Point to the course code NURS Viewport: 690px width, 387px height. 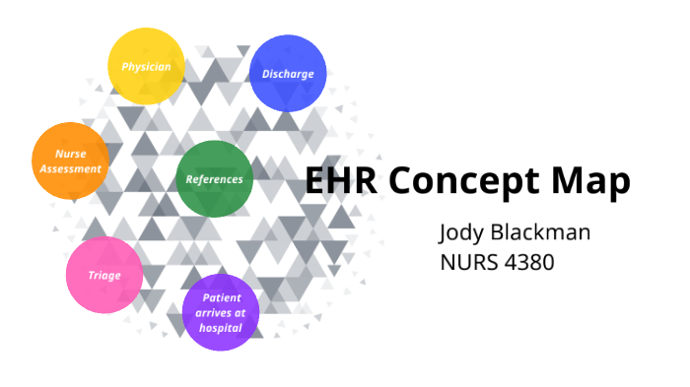[x=470, y=264]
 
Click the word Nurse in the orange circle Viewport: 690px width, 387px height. [x=69, y=155]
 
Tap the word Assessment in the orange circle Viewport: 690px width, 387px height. [x=70, y=168]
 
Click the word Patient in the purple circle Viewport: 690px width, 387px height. [x=222, y=297]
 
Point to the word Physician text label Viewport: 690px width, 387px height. [x=146, y=67]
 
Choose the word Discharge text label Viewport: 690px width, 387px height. [x=288, y=74]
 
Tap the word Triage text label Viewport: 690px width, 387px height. [x=104, y=276]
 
